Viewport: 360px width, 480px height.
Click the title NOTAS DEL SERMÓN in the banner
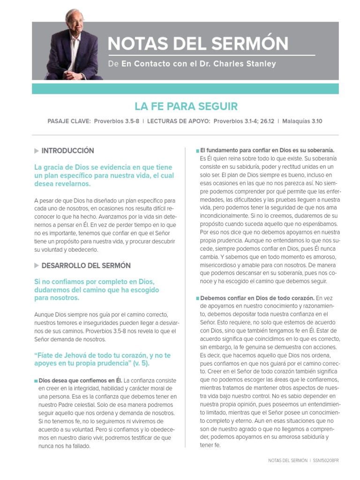[x=198, y=44]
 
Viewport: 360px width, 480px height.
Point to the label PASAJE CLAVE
[x=69, y=121]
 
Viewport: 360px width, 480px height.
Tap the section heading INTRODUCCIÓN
[x=67, y=150]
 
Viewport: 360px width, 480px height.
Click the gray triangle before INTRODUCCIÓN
[x=37, y=150]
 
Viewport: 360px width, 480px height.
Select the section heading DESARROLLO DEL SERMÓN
[x=86, y=265]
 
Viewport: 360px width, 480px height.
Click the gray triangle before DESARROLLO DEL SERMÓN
[x=37, y=265]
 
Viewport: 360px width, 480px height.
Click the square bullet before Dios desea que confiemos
[x=36, y=381]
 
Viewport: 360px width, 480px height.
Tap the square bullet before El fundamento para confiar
[x=197, y=150]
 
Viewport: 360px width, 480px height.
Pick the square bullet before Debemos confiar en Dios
[x=197, y=298]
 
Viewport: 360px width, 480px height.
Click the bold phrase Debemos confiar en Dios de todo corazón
[x=257, y=298]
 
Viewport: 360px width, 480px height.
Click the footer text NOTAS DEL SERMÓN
[x=288, y=460]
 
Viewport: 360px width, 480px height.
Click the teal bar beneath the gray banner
[x=185, y=89]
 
